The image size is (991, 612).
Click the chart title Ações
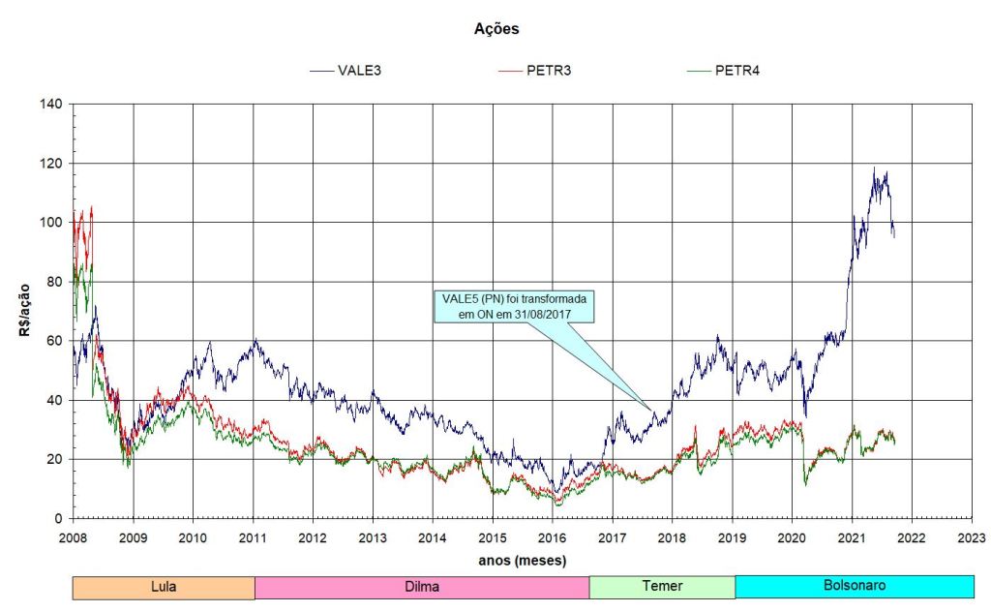(x=495, y=29)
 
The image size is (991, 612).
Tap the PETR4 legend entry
(x=736, y=71)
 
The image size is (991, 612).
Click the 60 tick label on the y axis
(x=55, y=341)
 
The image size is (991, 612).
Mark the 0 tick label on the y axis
(x=59, y=519)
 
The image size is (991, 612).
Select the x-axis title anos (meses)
(x=522, y=559)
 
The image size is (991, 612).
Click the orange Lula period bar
(x=164, y=587)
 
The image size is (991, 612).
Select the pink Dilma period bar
(x=422, y=587)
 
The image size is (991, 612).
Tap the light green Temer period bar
(x=662, y=587)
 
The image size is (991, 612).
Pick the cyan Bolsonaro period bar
(x=854, y=587)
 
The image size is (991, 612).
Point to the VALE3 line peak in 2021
(x=874, y=168)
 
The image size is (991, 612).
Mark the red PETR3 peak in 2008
(x=92, y=205)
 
